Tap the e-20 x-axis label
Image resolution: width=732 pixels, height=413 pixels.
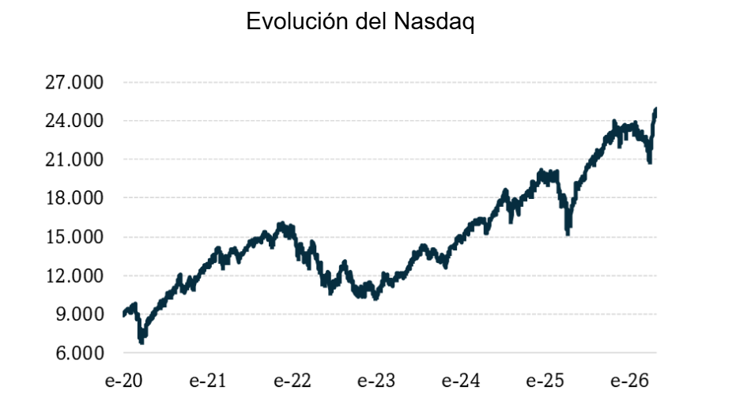pyautogui.click(x=124, y=380)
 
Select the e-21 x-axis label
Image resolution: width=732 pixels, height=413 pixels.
pyautogui.click(x=208, y=380)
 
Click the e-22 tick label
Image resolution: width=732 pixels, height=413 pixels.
pyautogui.click(x=292, y=380)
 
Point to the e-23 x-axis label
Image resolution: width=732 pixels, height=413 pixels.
pyautogui.click(x=375, y=380)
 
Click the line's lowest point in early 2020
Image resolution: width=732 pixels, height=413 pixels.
pyautogui.click(x=141, y=342)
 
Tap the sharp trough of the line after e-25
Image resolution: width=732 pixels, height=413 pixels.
pyautogui.click(x=568, y=233)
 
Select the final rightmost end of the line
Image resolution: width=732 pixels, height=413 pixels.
pyautogui.click(x=655, y=110)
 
